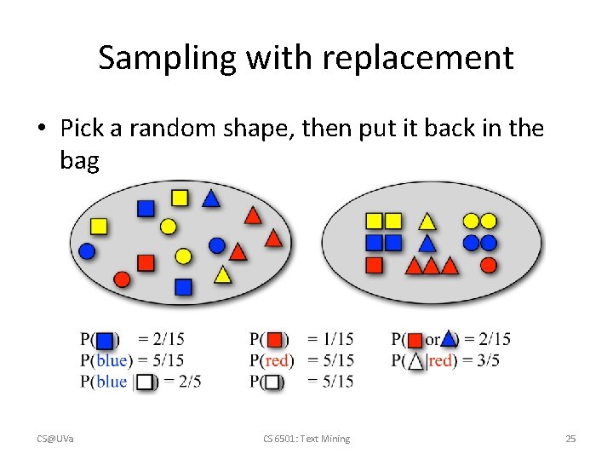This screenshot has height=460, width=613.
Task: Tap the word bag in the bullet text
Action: (x=79, y=159)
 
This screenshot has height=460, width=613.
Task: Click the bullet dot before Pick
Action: (x=42, y=129)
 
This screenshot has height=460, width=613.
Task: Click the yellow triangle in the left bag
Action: (x=222, y=274)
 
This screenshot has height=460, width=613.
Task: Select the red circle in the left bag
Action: (x=122, y=279)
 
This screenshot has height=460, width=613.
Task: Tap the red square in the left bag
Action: (x=146, y=262)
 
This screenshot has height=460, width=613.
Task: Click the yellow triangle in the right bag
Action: (x=427, y=222)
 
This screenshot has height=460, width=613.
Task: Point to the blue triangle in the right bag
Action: (x=427, y=244)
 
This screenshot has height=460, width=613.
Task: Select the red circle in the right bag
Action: (x=488, y=265)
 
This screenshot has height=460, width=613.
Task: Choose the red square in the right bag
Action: (x=374, y=265)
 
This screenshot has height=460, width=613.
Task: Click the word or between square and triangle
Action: (x=432, y=340)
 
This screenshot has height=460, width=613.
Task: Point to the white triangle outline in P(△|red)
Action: (x=415, y=360)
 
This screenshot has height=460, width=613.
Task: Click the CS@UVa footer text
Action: (x=54, y=439)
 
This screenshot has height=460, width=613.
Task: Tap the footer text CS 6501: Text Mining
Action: (x=306, y=439)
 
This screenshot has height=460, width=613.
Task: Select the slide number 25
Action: (x=570, y=439)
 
